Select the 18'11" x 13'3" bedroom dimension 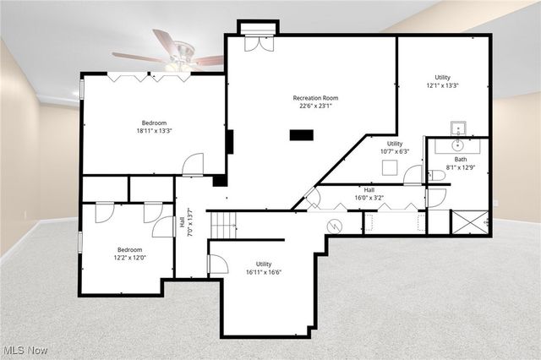click(154, 131)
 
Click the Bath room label click(460, 159)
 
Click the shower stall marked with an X click(469, 221)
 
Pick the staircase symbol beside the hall click(222, 225)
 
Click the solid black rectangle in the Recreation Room click(301, 134)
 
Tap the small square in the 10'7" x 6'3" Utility click(389, 167)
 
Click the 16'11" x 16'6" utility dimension click(264, 273)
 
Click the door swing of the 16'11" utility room click(217, 265)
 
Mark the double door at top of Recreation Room click(258, 42)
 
